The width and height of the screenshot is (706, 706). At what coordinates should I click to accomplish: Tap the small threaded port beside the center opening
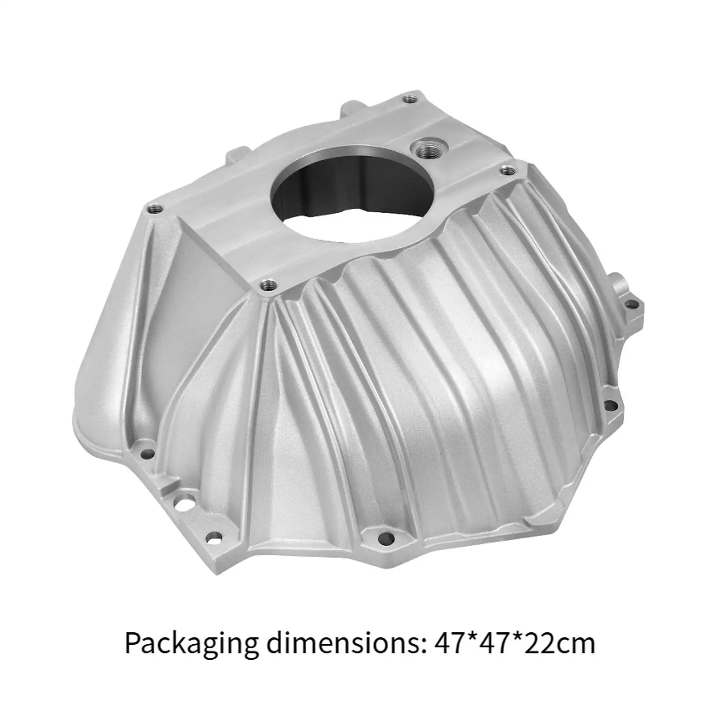click(427, 150)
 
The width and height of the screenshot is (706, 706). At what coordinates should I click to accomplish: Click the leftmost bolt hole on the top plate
click(154, 209)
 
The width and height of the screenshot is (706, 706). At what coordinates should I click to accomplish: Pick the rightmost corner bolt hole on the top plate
click(507, 170)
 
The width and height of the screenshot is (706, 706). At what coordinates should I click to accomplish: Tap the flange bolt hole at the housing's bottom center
click(385, 538)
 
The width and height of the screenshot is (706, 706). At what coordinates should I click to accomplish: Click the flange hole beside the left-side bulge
click(148, 453)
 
